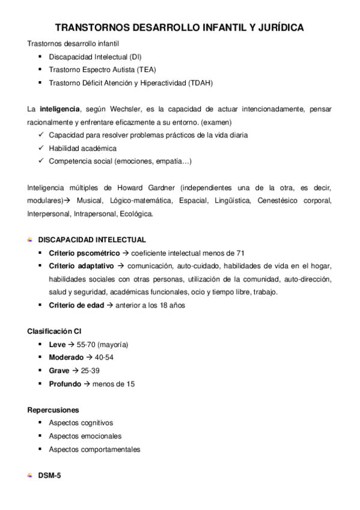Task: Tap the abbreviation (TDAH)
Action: click(200, 82)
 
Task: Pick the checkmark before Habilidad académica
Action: click(40, 148)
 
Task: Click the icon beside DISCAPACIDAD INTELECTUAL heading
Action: click(30, 240)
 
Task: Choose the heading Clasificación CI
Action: click(55, 331)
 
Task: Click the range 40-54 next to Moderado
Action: click(103, 357)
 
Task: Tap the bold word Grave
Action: click(59, 370)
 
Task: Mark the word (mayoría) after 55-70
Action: click(112, 345)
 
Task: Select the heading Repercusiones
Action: click(52, 410)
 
